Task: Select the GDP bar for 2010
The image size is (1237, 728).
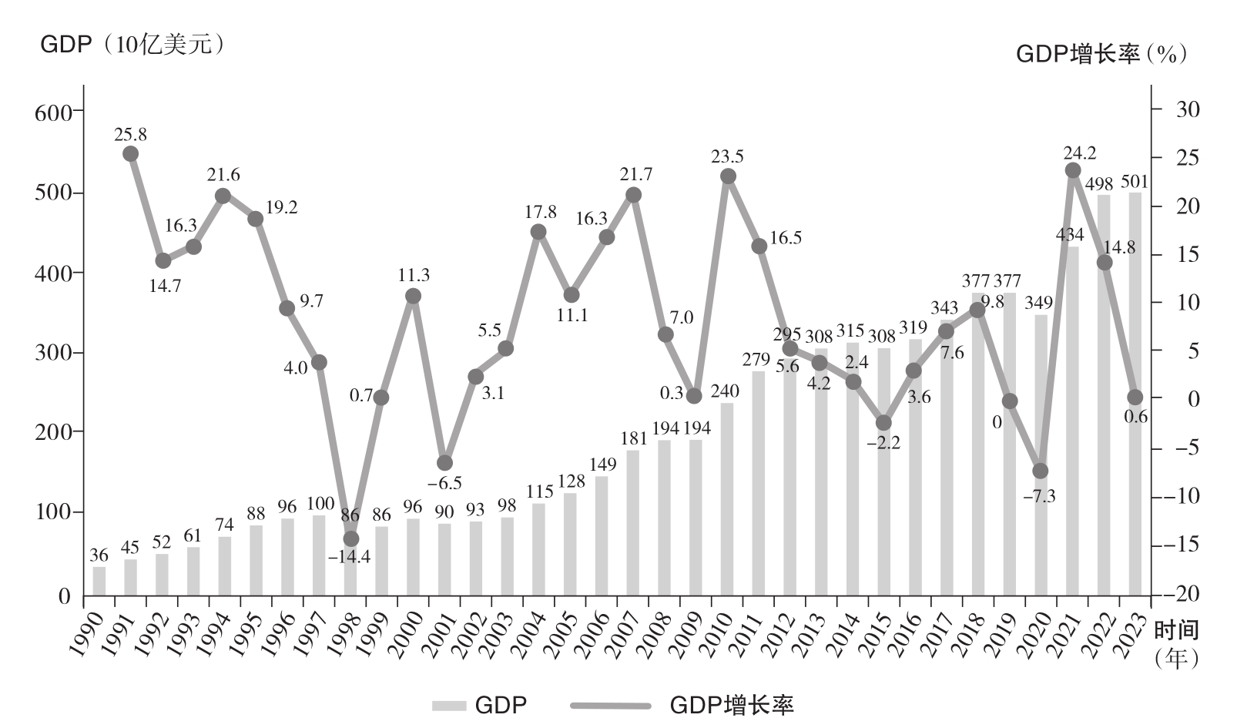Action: [727, 499]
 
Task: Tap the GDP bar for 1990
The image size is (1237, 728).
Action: [99, 582]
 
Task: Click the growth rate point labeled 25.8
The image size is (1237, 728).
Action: [131, 153]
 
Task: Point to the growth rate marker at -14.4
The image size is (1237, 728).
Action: [351, 538]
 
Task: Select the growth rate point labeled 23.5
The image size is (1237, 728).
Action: [728, 176]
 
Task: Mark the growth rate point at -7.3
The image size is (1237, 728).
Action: [1041, 471]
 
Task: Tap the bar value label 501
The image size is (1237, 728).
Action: [1134, 182]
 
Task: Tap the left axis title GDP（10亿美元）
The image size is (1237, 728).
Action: [132, 45]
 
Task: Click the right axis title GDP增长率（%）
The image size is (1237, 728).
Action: [1101, 53]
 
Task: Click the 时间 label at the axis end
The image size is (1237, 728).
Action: [1176, 629]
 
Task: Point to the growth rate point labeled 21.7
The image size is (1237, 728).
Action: [633, 195]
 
